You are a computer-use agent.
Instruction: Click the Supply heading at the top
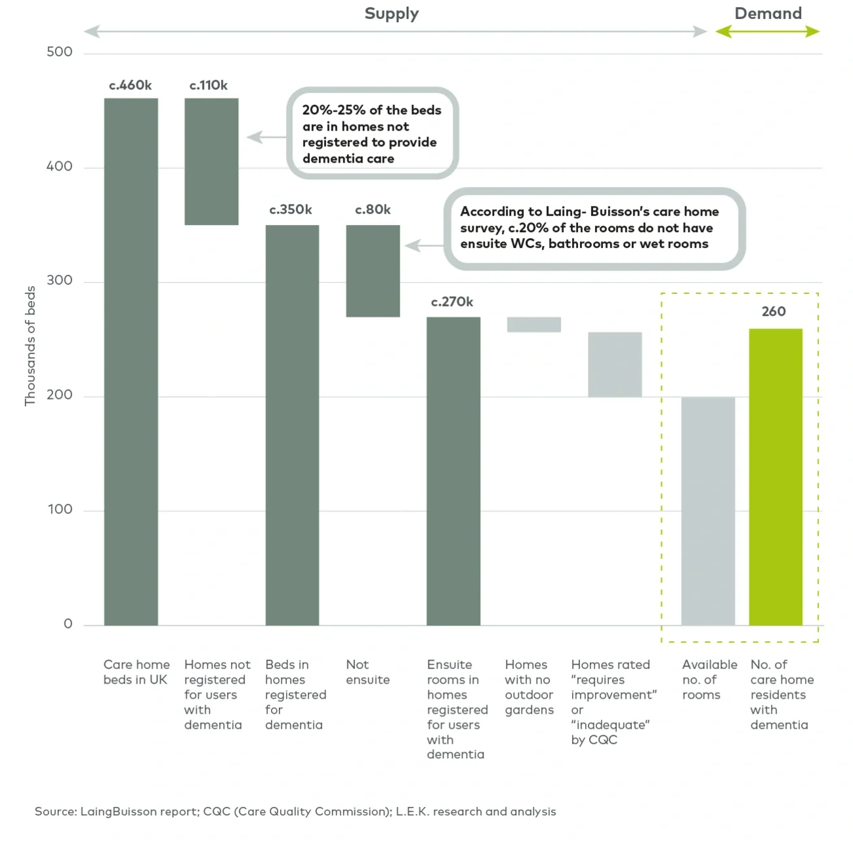[391, 13]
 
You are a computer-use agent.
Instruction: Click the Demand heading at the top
[768, 13]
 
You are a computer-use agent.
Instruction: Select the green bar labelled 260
[776, 477]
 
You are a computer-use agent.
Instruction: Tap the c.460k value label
[130, 85]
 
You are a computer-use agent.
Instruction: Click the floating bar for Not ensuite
[373, 271]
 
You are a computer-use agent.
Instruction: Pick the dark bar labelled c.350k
[292, 425]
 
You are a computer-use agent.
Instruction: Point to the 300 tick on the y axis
[59, 280]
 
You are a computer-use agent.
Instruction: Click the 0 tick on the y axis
[68, 624]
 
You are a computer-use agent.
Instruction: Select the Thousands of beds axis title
[30, 346]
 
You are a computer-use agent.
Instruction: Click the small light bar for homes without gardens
[533, 325]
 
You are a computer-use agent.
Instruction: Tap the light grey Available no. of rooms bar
[708, 511]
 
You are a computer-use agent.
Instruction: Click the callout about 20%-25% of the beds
[372, 133]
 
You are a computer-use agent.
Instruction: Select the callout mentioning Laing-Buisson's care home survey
[594, 228]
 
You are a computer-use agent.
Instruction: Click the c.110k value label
[208, 85]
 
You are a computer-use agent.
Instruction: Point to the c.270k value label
[452, 302]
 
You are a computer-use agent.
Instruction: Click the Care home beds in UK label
[136, 672]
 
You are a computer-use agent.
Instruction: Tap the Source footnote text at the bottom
[295, 811]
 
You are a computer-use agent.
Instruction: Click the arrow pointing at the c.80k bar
[424, 245]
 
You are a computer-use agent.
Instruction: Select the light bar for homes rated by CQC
[614, 365]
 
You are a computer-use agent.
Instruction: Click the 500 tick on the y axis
[59, 52]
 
